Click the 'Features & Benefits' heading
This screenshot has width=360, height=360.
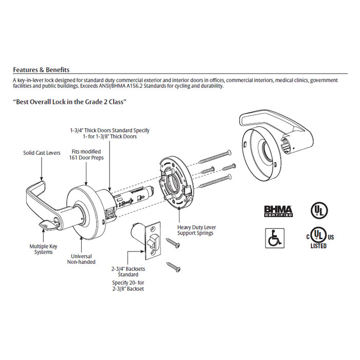pyautogui.click(x=41, y=70)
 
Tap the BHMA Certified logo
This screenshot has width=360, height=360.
pyautogui.click(x=278, y=211)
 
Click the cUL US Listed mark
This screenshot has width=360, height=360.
pyautogui.click(x=318, y=237)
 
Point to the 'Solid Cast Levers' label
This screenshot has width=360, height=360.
pyautogui.click(x=42, y=153)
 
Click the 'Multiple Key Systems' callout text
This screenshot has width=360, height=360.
pyautogui.click(x=43, y=249)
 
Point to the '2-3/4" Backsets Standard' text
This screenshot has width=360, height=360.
pyautogui.click(x=125, y=272)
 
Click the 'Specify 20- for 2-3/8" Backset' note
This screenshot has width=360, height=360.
pyautogui.click(x=128, y=285)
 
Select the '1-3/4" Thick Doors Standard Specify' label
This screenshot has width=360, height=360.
pyautogui.click(x=110, y=131)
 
